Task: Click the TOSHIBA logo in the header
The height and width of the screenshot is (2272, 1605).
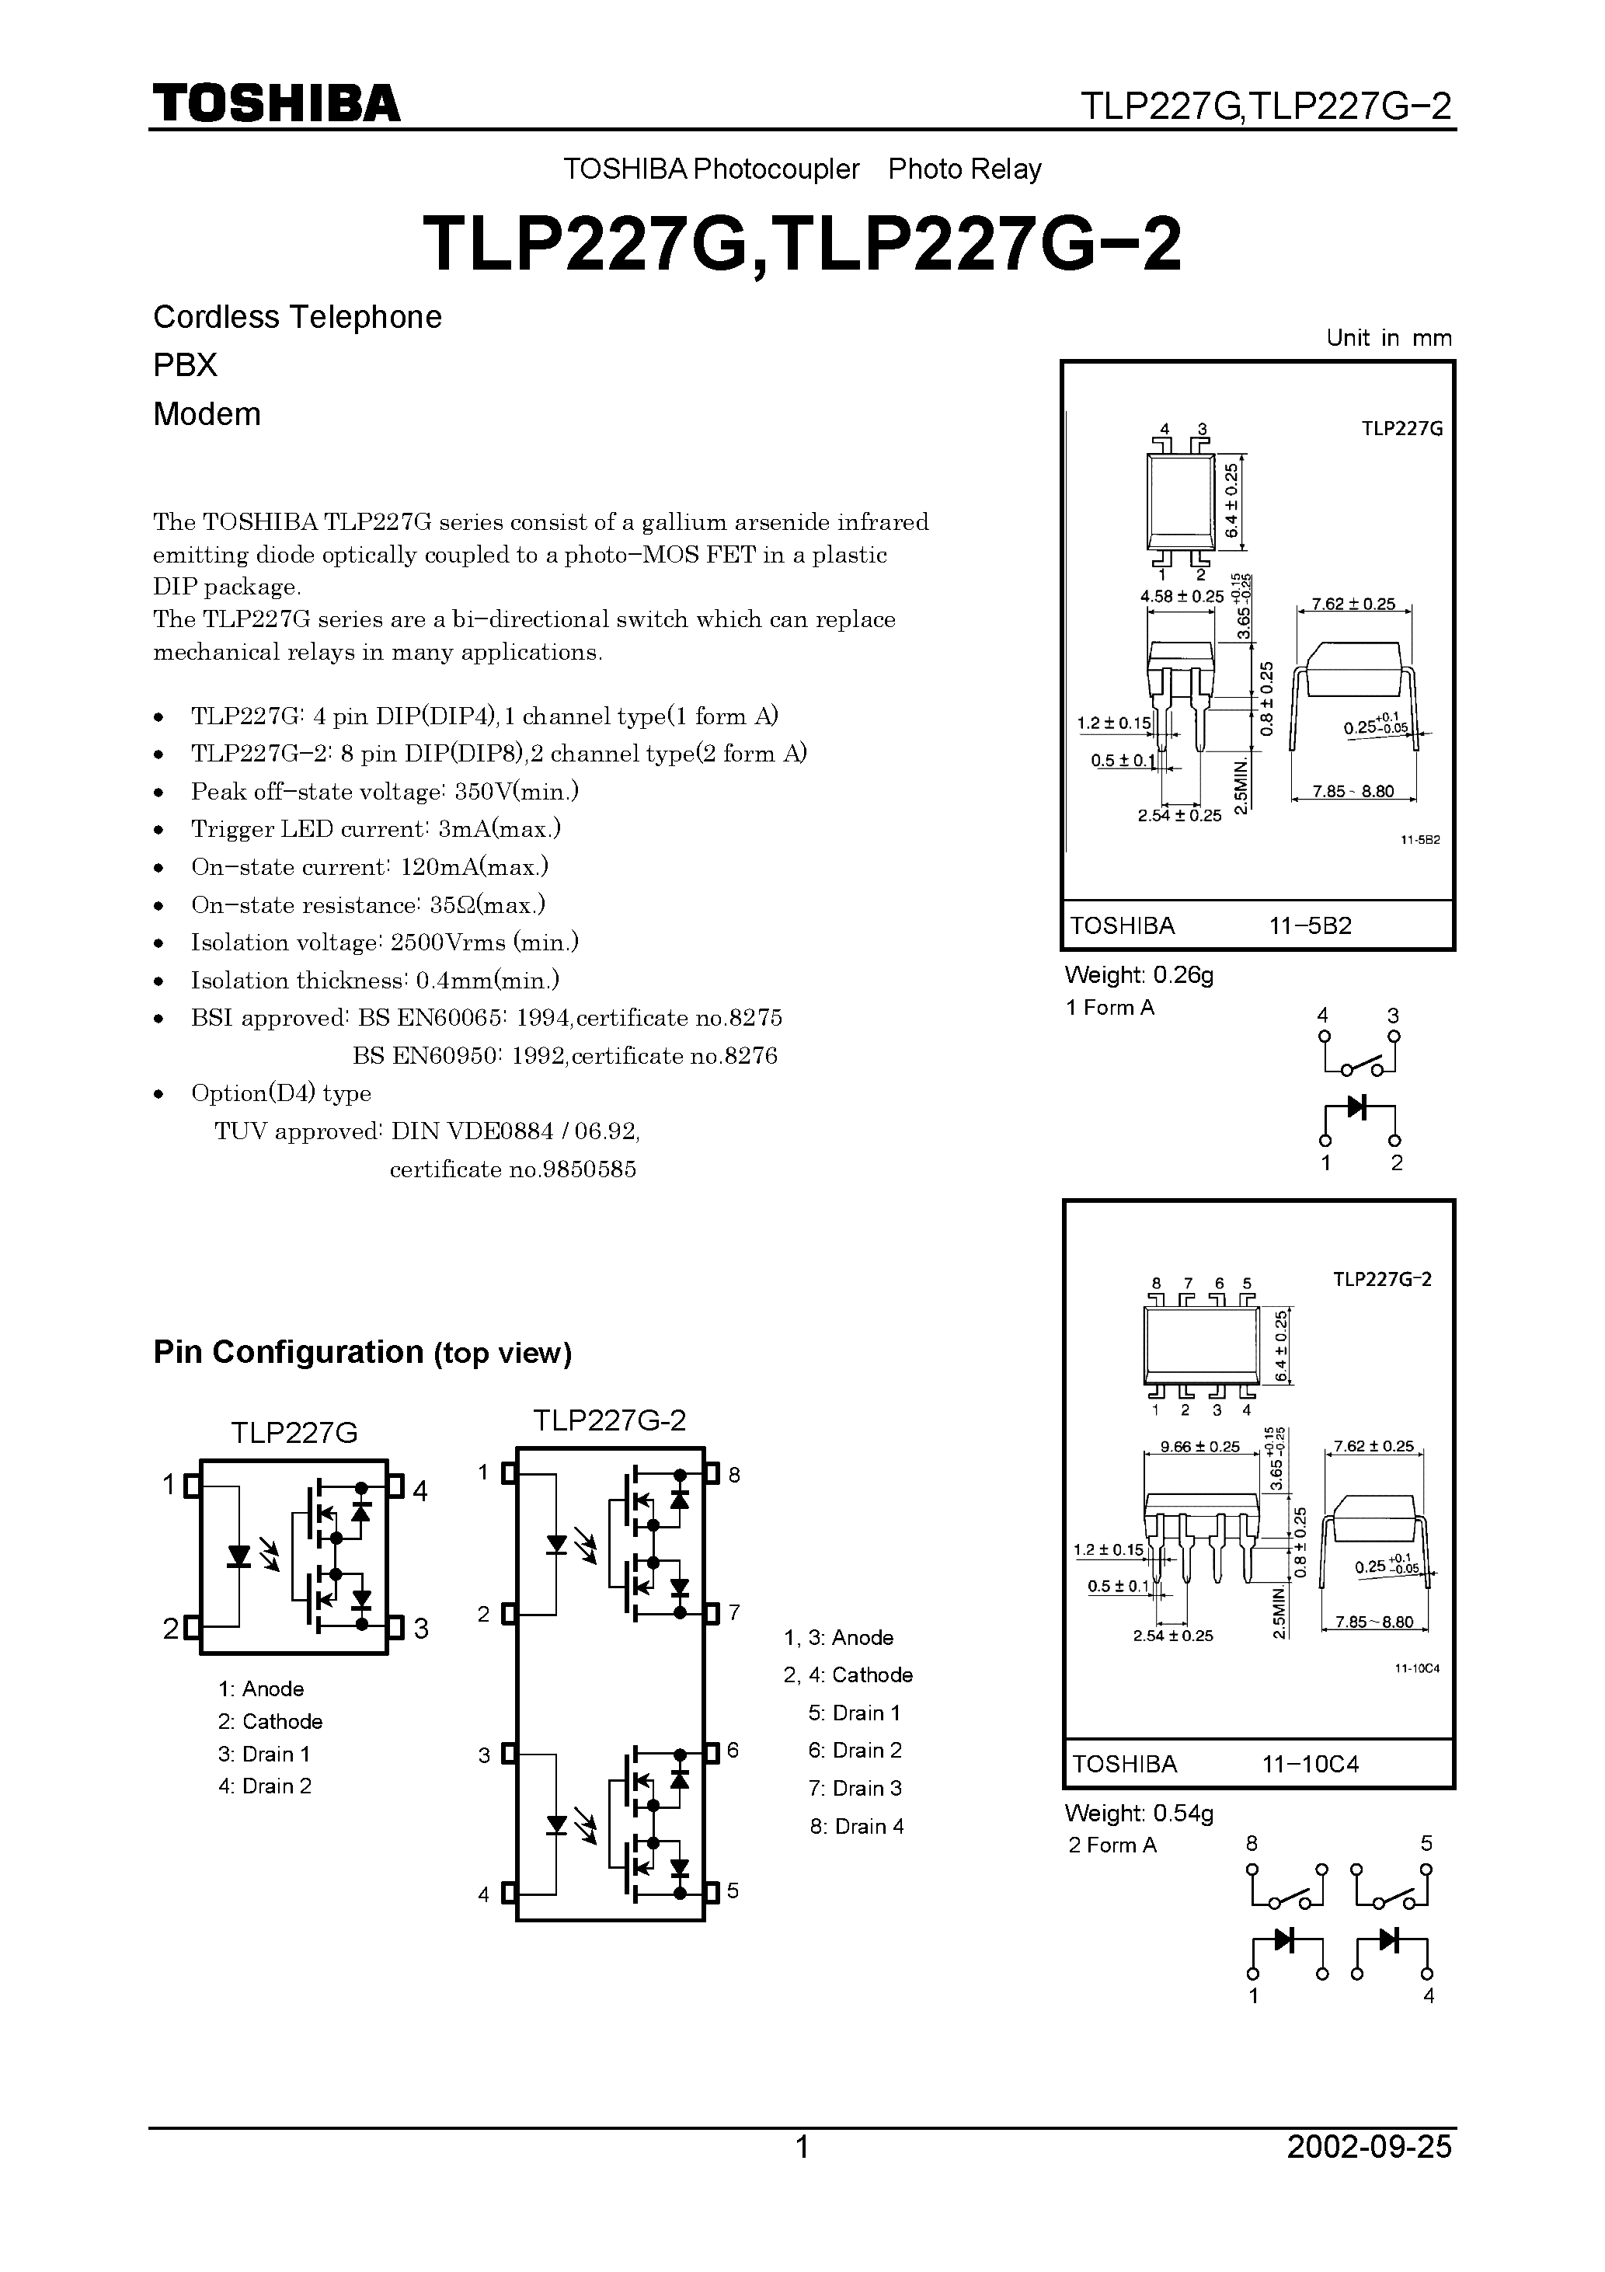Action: [x=276, y=103]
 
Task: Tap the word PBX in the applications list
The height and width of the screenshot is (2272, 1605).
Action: [x=185, y=365]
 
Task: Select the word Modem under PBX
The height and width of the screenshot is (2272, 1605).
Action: [x=207, y=413]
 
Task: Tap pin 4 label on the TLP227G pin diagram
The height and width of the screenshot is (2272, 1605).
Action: [x=420, y=1491]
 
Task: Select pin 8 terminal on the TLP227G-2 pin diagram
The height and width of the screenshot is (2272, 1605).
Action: [x=712, y=1475]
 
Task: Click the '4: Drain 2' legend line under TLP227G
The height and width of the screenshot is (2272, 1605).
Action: [x=265, y=1786]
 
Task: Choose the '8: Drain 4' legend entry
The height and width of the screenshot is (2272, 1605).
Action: [x=857, y=1827]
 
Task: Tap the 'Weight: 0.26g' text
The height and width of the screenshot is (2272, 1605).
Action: [x=1139, y=974]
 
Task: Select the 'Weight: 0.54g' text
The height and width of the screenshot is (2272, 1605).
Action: [x=1139, y=1813]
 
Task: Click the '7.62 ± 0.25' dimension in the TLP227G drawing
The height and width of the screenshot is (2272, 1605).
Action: [x=1353, y=604]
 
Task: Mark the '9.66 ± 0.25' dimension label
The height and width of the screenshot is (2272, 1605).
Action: [x=1199, y=1447]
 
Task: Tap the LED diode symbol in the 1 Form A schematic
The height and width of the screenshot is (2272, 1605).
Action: [x=1359, y=1106]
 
